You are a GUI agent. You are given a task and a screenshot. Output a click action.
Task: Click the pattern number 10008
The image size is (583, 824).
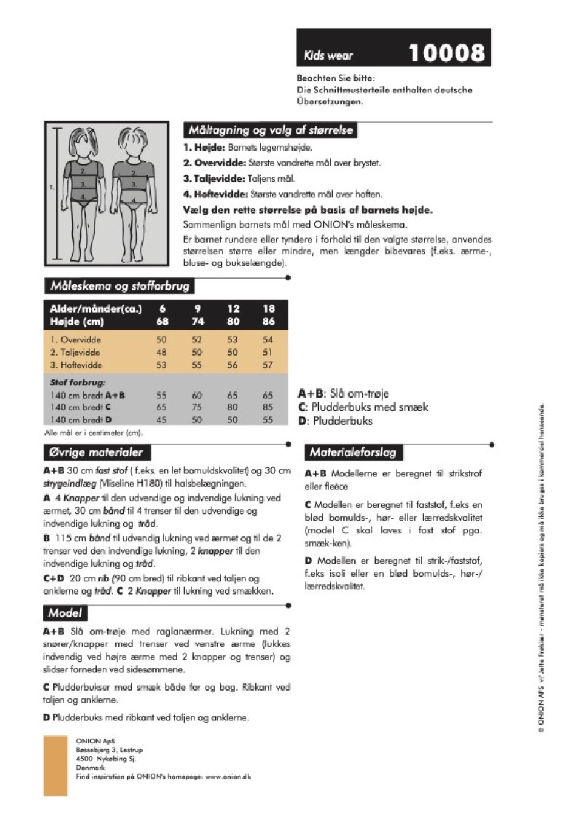point(446,52)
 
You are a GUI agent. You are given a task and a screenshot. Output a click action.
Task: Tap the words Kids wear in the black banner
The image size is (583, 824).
point(329,55)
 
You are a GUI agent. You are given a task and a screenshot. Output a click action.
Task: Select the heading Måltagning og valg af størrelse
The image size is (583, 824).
point(270,130)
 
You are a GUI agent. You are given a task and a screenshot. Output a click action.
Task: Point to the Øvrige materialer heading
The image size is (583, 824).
point(95,452)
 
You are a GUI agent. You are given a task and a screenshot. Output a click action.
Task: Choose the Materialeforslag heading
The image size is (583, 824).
point(353,452)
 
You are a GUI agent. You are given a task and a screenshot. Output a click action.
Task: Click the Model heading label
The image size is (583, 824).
point(65,613)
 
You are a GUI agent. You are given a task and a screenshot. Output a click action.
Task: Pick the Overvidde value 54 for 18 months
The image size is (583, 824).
point(267,340)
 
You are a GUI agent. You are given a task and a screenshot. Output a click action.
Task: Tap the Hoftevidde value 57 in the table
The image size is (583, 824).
point(267,365)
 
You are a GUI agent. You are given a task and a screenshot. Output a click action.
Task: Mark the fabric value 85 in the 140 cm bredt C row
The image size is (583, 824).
point(267,407)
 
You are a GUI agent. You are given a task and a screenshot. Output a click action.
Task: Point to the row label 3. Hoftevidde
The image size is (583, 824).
point(76,365)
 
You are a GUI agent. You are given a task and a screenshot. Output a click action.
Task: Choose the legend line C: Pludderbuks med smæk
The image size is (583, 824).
point(363,407)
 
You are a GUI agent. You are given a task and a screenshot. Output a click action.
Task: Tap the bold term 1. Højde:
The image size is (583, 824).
point(204,147)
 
